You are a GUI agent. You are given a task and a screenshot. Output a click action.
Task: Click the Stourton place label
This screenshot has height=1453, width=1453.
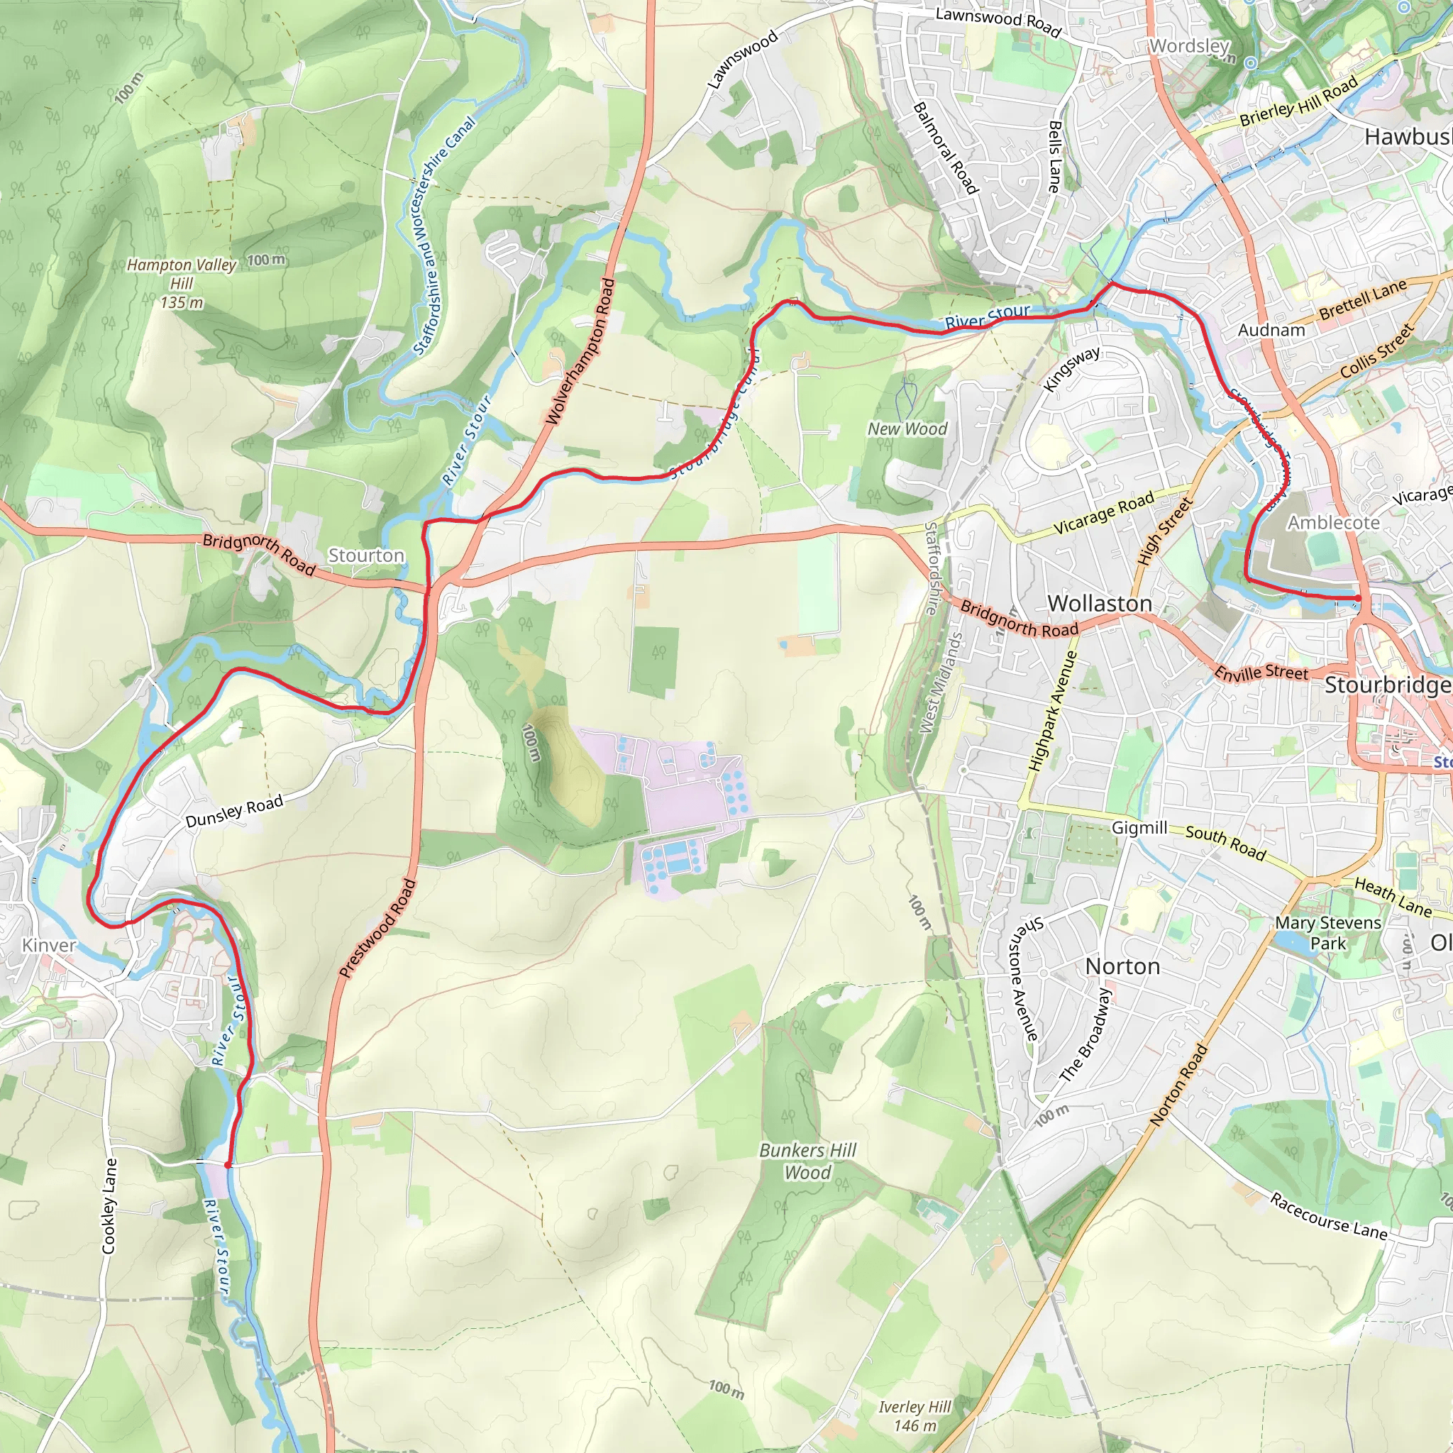[x=366, y=555]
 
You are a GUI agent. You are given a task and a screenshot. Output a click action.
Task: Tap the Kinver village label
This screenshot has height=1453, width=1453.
[x=49, y=945]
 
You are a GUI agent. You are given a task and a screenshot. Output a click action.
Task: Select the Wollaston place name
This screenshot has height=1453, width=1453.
[x=1100, y=603]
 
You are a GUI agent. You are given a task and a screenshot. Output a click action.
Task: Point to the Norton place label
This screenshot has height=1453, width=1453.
[x=1122, y=966]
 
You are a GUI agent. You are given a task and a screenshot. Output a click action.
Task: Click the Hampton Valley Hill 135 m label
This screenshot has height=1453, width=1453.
[x=181, y=284]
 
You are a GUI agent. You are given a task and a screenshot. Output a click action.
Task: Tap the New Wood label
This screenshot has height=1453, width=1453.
[x=907, y=429]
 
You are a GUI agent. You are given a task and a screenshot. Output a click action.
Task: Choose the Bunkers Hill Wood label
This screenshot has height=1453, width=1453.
[x=807, y=1161]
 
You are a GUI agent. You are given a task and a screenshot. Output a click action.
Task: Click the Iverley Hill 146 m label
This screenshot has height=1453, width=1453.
[x=915, y=1416]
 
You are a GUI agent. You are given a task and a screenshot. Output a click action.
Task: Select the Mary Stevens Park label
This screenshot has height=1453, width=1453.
[x=1328, y=932]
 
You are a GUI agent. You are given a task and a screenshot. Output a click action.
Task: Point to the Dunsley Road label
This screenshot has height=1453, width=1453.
[x=234, y=811]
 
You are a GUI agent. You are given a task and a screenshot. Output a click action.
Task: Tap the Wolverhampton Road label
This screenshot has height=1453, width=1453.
[x=580, y=351]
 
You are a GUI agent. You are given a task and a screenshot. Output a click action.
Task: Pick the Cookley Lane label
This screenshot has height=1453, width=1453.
[x=110, y=1205]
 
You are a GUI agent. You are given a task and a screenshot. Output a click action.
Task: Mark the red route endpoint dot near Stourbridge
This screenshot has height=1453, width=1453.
[x=1357, y=599]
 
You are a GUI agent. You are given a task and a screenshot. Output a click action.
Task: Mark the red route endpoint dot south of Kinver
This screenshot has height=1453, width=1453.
[x=227, y=1165]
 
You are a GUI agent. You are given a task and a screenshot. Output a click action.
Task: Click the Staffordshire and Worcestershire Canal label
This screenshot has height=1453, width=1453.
[x=443, y=235]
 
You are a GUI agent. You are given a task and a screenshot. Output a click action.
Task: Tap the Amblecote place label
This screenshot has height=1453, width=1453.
[x=1333, y=522]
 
